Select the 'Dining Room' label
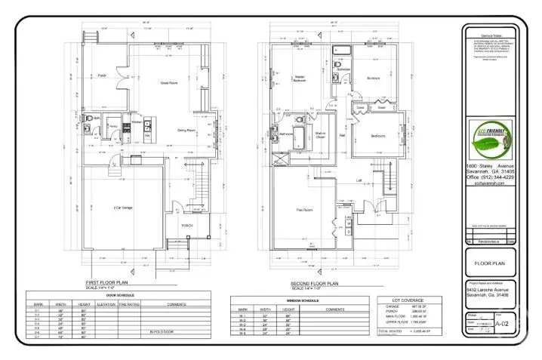186,131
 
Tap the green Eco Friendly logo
491,140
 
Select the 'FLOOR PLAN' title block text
491,265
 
